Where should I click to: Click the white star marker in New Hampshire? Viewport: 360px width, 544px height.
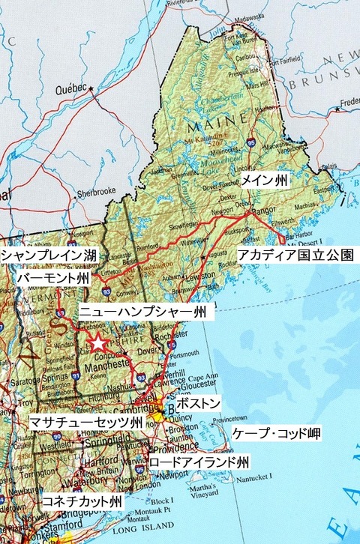point(98,343)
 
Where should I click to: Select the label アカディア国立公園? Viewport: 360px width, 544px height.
point(295,256)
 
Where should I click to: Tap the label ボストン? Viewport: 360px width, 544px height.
point(201,404)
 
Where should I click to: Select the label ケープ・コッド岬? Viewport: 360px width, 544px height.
point(277,434)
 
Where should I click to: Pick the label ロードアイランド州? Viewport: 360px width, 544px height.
point(199,462)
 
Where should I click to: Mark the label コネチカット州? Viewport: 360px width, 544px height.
point(82,500)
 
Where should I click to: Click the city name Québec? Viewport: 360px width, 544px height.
point(71,88)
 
